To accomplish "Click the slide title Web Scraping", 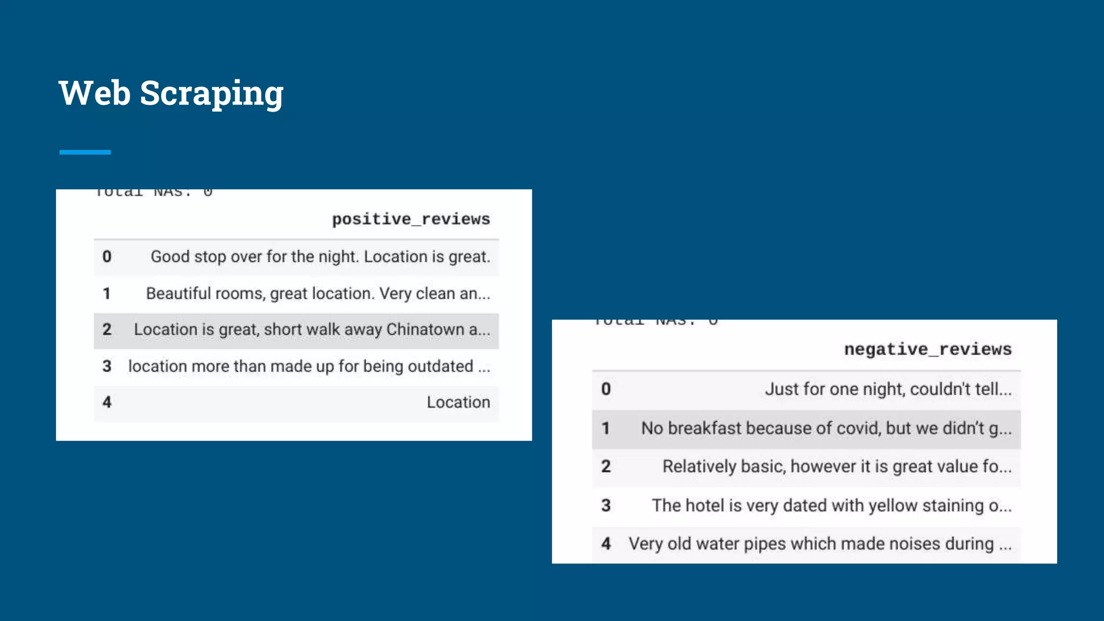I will tap(171, 93).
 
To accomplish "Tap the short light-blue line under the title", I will tap(85, 153).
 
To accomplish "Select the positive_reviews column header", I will tap(411, 219).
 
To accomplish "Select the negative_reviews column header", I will tap(927, 349).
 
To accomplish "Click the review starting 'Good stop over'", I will tap(320, 257).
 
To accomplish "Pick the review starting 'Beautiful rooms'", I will tap(318, 293).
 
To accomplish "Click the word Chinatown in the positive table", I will tap(425, 329).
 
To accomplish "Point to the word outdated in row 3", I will tap(440, 366).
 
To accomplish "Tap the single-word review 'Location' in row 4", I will tap(458, 402).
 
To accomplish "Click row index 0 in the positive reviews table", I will tap(107, 257).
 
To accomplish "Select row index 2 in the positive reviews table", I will tap(107, 329).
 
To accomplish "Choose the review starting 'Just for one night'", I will tap(888, 389).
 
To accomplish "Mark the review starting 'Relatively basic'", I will tap(837, 466).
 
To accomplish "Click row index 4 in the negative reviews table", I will tap(606, 544).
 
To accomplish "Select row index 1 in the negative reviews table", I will tap(606, 428).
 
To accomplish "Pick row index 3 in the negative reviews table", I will tap(606, 506).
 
